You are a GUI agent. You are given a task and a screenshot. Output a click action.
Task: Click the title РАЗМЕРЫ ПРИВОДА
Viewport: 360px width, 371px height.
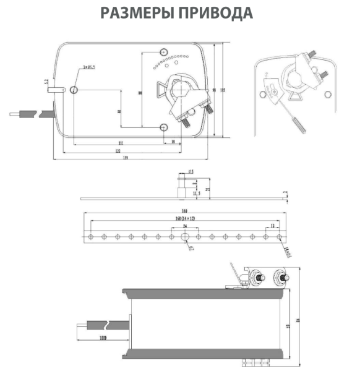[179, 13]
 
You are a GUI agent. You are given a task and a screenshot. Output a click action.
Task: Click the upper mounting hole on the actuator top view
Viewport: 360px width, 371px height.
[163, 51]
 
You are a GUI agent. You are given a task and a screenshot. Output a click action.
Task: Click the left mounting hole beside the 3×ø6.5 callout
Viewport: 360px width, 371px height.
[74, 91]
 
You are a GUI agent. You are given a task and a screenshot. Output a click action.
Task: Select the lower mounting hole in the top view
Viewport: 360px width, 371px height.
[163, 127]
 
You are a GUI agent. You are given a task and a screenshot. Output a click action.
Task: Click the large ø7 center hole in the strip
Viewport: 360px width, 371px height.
[184, 237]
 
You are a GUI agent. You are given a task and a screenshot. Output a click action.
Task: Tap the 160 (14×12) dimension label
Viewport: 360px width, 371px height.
[184, 219]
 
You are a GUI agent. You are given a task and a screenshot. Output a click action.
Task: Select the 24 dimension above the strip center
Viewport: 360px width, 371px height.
[184, 227]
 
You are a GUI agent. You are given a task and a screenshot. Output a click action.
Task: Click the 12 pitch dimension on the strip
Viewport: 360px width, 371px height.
[273, 227]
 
